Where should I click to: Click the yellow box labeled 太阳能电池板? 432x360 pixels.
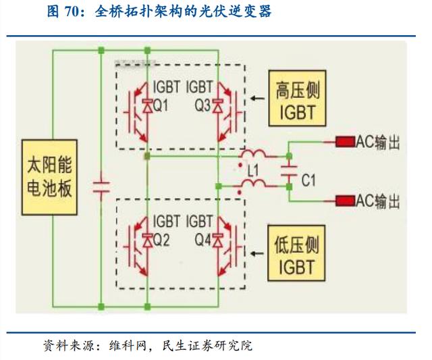tap(49, 177)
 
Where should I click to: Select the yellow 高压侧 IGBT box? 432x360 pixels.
tap(297, 98)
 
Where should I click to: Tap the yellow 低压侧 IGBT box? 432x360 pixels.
tap(296, 253)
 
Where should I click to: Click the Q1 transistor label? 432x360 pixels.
tap(160, 105)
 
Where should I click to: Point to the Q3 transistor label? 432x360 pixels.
tap(202, 105)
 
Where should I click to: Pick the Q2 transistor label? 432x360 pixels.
tap(161, 240)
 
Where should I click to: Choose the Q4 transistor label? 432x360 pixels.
tap(203, 240)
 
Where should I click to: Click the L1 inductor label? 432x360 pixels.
tap(253, 171)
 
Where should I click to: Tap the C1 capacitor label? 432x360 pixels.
tap(308, 180)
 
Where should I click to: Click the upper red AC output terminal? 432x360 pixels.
tap(345, 142)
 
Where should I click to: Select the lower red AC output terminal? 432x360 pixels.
tap(345, 201)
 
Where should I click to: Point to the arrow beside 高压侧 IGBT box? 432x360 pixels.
tap(257, 98)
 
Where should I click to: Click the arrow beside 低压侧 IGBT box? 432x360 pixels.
tap(257, 253)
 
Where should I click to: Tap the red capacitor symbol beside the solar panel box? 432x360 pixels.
tap(101, 186)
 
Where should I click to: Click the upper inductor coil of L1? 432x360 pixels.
tap(253, 154)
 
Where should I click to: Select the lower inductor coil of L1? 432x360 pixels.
tap(253, 184)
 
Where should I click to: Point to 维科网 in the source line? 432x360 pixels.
tap(128, 345)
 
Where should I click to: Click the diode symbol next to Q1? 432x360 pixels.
tap(147, 106)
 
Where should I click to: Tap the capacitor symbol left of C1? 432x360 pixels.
tap(289, 171)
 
